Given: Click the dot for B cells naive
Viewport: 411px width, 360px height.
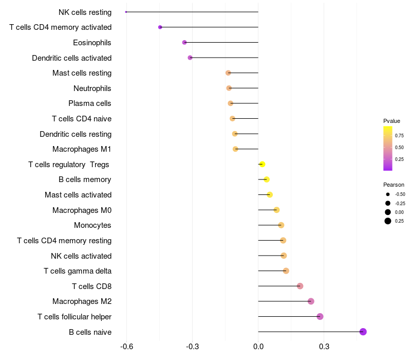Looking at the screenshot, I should [x=363, y=332].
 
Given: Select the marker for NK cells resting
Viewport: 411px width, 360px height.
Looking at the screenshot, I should [x=126, y=12].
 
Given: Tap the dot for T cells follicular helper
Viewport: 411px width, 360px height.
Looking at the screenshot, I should [x=320, y=316].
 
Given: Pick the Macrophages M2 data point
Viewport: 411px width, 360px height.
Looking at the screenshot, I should [x=311, y=301].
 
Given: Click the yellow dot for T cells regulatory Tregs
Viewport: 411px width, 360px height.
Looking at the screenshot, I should [x=262, y=164].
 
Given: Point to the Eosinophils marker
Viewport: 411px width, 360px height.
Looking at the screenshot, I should [x=184, y=42].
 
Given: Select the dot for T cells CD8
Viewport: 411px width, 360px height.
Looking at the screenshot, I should [x=300, y=286].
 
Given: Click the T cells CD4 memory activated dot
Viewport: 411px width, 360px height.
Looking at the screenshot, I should [x=160, y=27].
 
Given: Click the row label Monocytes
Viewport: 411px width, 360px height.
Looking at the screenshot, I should [x=92, y=225].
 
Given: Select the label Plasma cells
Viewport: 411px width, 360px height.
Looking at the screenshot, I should [x=90, y=103].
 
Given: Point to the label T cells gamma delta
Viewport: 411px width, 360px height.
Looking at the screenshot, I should [x=78, y=271].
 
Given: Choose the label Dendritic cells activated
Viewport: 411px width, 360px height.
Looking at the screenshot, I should [x=72, y=58].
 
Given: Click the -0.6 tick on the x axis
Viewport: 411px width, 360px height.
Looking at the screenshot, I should [x=127, y=347].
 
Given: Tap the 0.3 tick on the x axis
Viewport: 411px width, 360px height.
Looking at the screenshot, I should [x=324, y=347].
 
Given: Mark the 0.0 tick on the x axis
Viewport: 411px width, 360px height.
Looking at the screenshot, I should [x=258, y=347].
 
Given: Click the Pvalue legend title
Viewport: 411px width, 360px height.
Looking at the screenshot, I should [x=391, y=121].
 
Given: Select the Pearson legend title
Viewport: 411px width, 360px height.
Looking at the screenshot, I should [x=394, y=185].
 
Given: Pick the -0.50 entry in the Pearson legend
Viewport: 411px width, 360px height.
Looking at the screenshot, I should [x=400, y=194].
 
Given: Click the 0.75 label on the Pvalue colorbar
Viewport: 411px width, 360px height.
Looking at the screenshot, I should [x=399, y=136].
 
